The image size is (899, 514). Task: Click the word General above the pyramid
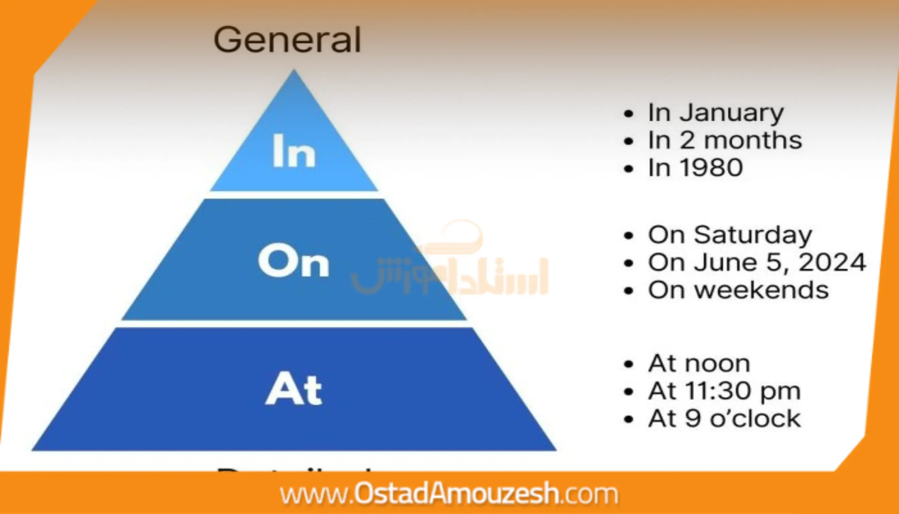click(287, 40)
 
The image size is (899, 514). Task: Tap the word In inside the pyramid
click(294, 151)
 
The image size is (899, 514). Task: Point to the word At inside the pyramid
click(294, 389)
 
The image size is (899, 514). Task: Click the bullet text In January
click(716, 113)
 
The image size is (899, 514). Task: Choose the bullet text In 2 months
click(725, 140)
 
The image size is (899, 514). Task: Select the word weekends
click(761, 290)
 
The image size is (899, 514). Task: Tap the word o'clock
click(755, 419)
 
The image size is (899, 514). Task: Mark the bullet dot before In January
click(629, 114)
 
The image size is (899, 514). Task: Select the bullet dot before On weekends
click(629, 291)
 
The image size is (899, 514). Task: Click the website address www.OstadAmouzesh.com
click(449, 494)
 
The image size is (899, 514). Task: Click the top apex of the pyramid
click(294, 72)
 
